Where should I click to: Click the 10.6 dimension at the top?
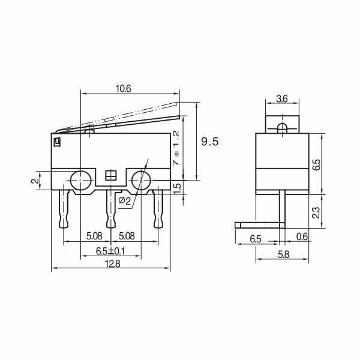[123, 88]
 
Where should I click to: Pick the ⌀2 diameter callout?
[125, 200]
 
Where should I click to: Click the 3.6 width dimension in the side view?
[282, 98]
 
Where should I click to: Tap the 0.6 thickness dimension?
[302, 238]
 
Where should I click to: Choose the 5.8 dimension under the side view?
[282, 254]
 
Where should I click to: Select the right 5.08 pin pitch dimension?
[127, 236]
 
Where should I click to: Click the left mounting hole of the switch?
[80, 179]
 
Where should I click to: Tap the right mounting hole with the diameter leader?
[142, 179]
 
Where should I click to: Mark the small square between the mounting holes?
[110, 175]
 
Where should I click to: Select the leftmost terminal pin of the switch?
[64, 208]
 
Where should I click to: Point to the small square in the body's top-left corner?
[57, 142]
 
